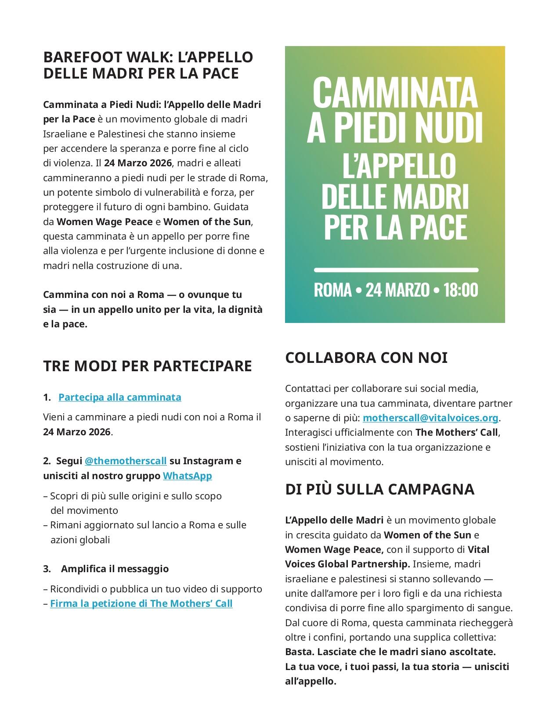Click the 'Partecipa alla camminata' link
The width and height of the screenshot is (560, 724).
click(119, 397)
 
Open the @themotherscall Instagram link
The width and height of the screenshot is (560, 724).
click(125, 461)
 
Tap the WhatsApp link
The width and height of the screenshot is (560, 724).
click(187, 476)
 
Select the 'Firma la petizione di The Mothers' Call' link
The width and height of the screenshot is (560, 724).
click(141, 603)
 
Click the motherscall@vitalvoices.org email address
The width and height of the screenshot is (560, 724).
click(430, 417)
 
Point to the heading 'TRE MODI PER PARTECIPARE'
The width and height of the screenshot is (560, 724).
click(148, 366)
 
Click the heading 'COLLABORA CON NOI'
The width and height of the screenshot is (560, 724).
click(366, 358)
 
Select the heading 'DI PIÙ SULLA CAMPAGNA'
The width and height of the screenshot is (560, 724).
click(379, 489)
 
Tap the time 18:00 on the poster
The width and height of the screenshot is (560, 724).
click(460, 290)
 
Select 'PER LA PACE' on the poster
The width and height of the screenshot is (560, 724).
click(395, 227)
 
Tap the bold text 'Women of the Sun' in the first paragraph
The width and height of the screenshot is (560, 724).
click(207, 222)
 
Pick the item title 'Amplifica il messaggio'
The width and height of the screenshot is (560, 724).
click(115, 569)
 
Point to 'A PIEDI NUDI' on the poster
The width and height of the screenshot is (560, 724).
click(395, 128)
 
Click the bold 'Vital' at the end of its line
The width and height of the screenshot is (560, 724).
click(478, 549)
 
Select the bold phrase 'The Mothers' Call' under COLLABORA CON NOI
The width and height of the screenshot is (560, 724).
click(457, 432)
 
